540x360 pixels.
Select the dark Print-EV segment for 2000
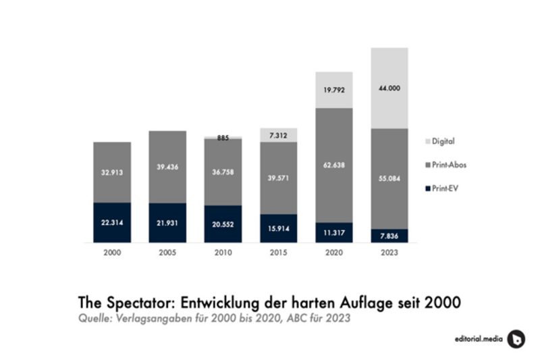pos(112,222)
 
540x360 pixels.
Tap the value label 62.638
pos(333,165)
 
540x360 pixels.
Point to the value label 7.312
pos(278,136)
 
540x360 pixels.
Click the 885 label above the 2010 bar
pos(223,138)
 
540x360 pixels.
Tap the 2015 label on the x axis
pos(278,253)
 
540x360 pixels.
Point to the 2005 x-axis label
pos(167,253)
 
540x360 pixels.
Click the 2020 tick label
pos(333,253)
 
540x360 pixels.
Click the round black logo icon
pos(516,338)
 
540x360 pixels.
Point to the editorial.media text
pos(477,339)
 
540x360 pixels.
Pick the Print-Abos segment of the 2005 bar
pos(167,167)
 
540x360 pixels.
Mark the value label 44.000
pos(389,88)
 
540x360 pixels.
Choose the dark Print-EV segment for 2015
pos(278,228)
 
